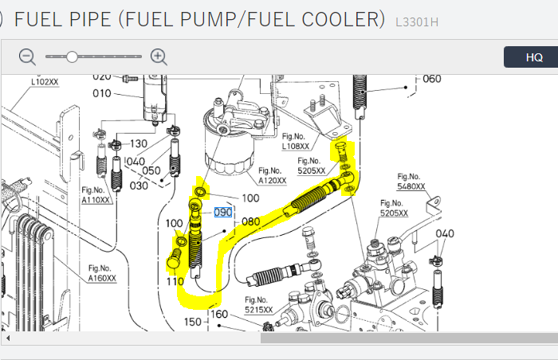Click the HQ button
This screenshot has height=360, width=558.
tap(534, 57)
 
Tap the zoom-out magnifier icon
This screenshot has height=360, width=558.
tap(28, 57)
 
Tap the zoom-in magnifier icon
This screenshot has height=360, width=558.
tap(159, 57)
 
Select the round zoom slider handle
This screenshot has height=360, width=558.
tap(72, 57)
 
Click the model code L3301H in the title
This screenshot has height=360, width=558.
tap(416, 21)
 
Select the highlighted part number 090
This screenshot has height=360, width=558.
tap(222, 213)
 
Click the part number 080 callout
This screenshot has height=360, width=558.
tap(251, 221)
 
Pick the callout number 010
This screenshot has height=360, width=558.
tap(102, 93)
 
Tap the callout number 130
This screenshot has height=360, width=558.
tap(139, 144)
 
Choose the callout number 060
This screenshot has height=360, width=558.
tap(431, 79)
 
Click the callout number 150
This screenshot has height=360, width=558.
tap(193, 322)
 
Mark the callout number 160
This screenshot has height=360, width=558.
tap(219, 314)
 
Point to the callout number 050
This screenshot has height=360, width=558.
tap(151, 171)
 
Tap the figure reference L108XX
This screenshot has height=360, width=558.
tap(296, 147)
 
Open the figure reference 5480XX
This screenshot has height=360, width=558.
tap(411, 186)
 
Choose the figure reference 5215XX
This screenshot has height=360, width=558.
tap(258, 310)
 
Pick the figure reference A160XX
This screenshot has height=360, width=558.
tap(102, 278)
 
